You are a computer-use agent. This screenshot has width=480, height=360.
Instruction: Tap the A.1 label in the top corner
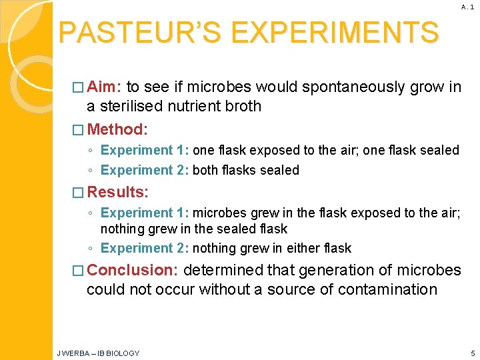[x=467, y=7]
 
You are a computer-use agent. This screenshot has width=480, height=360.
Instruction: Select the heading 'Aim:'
[x=104, y=87]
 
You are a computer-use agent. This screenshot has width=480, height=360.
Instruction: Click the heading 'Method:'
[x=117, y=129]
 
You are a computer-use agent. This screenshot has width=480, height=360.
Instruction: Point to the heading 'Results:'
[x=118, y=192]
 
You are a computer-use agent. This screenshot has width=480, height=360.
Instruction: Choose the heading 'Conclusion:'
[x=133, y=270]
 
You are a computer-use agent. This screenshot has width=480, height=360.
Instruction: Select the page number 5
[x=472, y=353]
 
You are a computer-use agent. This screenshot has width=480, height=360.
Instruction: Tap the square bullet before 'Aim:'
[x=79, y=87]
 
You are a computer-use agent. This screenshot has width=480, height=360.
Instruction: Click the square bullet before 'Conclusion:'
[x=79, y=271]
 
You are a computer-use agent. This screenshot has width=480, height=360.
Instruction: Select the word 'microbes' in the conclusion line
[x=427, y=270]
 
